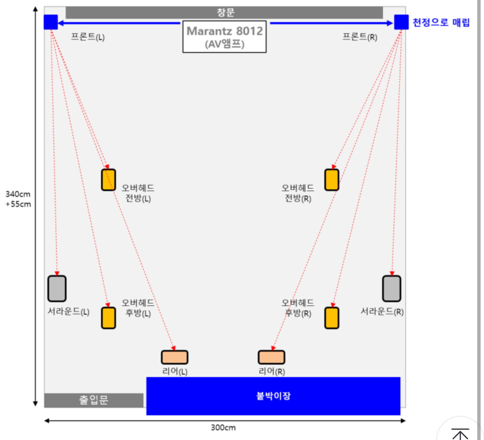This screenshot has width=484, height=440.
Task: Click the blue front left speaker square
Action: pos(51,22)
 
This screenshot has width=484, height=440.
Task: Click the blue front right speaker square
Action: pos(401,22)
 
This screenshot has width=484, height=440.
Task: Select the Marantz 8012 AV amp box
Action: pos(224,37)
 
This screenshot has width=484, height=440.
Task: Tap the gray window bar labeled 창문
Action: pos(224,12)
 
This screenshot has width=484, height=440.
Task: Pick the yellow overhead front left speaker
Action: pos(108,180)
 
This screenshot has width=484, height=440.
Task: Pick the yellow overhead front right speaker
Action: pos(332,180)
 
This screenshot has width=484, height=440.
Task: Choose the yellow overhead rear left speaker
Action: pos(108,318)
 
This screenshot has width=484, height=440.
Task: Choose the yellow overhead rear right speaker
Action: pos(332,318)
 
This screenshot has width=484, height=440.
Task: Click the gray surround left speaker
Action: pos(57,289)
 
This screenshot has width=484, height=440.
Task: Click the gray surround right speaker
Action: pos(392,289)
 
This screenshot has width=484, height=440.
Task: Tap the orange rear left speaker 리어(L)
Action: pos(174,357)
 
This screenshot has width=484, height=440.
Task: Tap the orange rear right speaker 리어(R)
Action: pos(271,357)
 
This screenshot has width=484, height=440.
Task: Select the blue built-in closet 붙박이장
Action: pos(273,396)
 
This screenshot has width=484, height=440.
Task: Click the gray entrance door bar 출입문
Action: pos(94,400)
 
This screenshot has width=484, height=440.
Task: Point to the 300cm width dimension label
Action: pos(223,428)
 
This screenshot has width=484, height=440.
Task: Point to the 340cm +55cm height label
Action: pos(18,199)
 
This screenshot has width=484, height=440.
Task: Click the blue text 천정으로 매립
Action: pos(441,23)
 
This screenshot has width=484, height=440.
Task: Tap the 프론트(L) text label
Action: pos(88,37)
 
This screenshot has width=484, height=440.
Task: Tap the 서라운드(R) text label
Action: pos(382,312)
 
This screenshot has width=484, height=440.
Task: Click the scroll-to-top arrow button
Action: pos(460,434)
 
